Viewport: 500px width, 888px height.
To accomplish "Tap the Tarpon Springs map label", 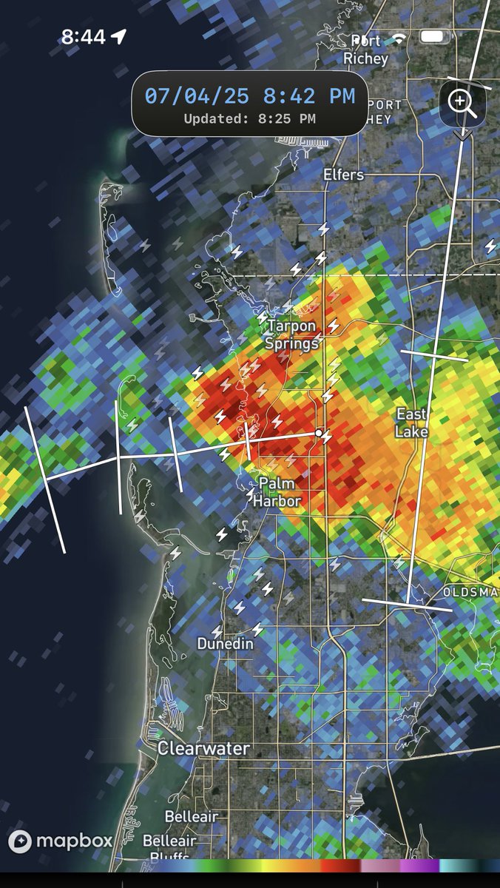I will click(292, 334).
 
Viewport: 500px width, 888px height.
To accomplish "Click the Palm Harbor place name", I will click(277, 492).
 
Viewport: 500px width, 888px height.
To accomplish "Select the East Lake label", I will click(412, 422).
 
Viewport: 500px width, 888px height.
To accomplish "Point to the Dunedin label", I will click(225, 645).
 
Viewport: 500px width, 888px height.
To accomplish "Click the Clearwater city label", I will click(203, 748).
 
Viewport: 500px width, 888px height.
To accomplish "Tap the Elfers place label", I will click(344, 175).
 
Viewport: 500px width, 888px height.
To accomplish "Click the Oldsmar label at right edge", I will click(470, 592).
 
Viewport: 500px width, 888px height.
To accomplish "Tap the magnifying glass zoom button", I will click(462, 101).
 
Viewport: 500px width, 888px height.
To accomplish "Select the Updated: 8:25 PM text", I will click(249, 118).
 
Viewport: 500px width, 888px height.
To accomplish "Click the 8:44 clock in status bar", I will click(83, 37).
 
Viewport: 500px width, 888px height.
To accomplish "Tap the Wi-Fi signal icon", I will click(400, 37).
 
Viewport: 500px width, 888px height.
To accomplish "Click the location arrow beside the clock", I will click(119, 37).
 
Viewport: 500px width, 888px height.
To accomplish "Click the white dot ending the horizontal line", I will click(319, 433).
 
